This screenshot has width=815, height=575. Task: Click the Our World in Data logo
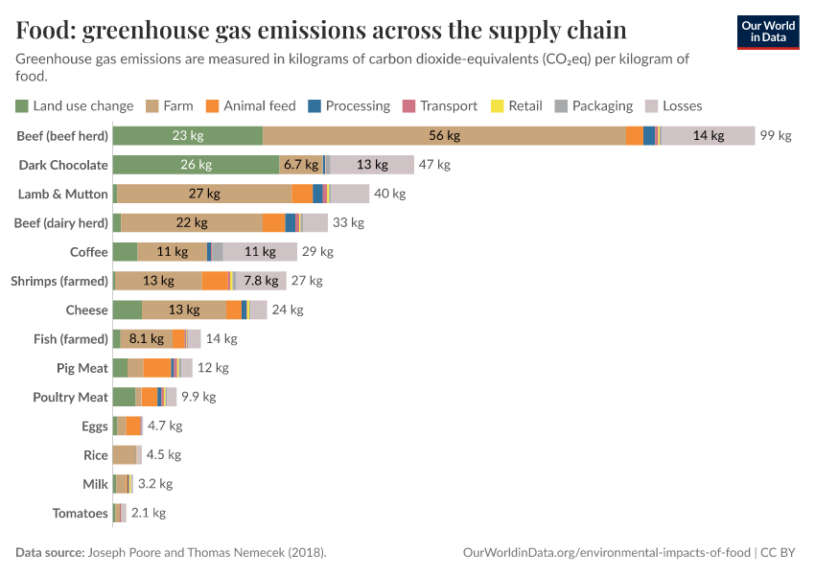coord(767,33)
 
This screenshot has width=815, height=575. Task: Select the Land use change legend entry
coord(75,106)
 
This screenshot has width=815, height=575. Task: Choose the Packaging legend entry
coord(594,106)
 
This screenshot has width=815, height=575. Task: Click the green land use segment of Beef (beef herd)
coord(188,136)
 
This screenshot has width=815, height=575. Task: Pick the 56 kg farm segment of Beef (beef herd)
coord(444,136)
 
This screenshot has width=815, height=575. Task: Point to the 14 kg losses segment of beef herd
coord(708,136)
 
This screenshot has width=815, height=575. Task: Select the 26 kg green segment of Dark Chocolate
coord(196,165)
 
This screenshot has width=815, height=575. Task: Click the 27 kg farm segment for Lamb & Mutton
coord(204,194)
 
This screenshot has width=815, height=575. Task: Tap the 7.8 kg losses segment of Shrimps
coord(261,281)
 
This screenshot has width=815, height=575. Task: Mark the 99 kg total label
coord(776,136)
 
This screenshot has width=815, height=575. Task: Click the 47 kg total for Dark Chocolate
coord(434,165)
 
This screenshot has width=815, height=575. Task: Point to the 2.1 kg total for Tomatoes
coord(149,513)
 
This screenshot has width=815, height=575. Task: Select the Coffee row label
coord(89,252)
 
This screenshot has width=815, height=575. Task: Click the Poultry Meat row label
coord(71,397)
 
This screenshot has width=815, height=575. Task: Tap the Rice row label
coord(96,455)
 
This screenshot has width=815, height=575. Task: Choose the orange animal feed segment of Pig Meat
coord(157,368)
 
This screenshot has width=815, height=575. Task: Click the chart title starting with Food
coord(321,31)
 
